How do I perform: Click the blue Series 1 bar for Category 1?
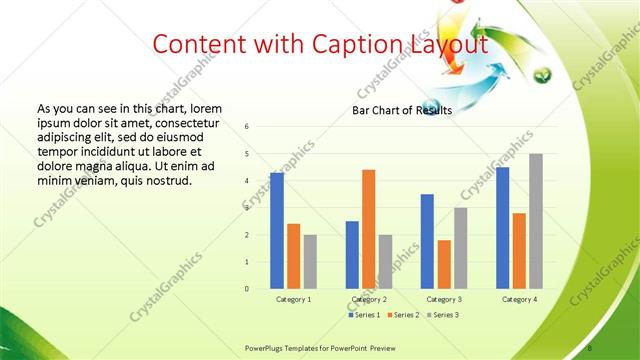[277, 231]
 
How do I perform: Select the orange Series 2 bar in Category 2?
[369, 229]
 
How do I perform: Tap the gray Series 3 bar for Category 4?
[536, 221]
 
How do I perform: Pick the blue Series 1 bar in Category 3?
[427, 241]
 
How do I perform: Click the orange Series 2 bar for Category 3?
[444, 264]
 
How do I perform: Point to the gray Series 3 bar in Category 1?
[310, 262]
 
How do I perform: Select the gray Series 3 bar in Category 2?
[386, 262]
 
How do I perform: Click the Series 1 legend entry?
[364, 315]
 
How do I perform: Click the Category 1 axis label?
[294, 299]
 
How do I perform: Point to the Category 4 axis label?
[520, 299]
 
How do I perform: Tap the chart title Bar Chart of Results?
[402, 110]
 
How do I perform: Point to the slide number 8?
[590, 347]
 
